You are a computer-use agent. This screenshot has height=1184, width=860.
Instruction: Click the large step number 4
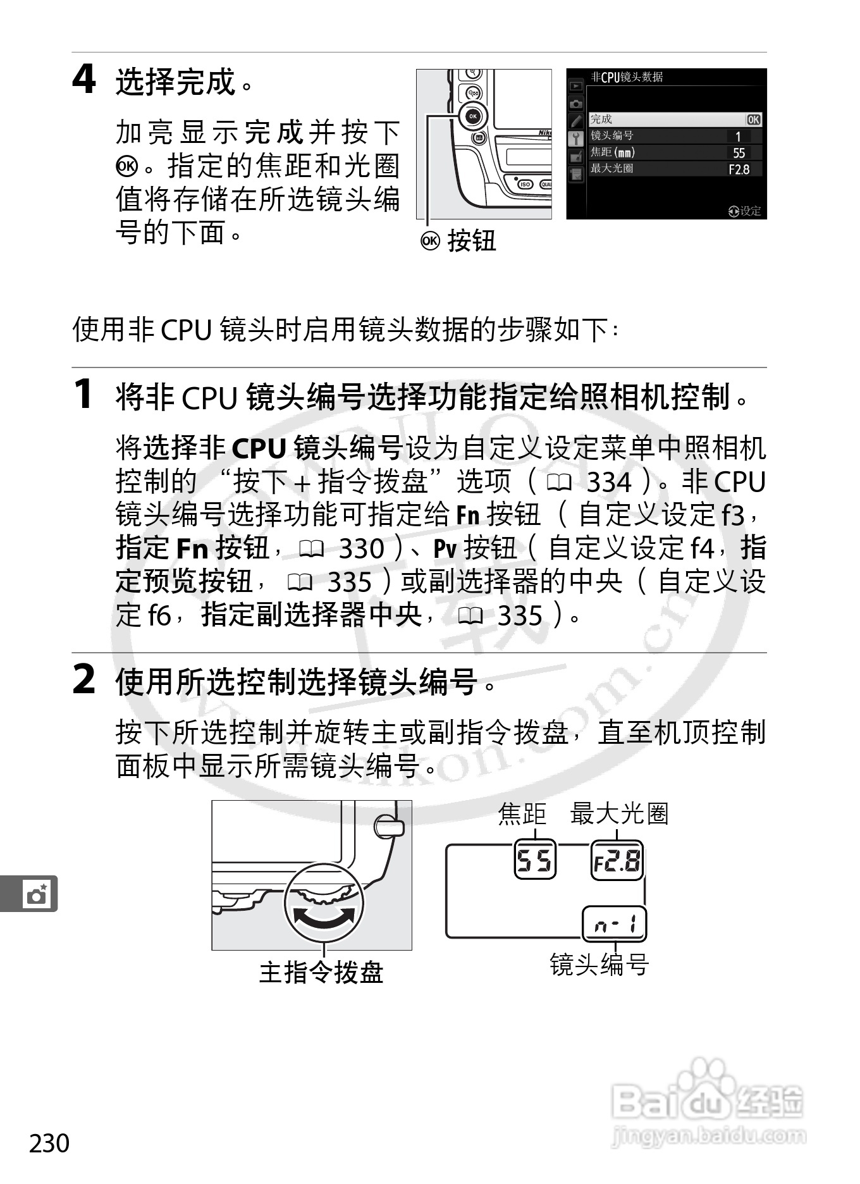tap(84, 80)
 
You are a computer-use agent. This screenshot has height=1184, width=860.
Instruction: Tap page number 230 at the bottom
tap(49, 1144)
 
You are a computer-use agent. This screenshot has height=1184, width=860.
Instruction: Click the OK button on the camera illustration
tap(472, 116)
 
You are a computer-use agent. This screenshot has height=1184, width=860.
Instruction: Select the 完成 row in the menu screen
tap(675, 120)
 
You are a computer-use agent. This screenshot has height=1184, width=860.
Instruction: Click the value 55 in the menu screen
tap(739, 153)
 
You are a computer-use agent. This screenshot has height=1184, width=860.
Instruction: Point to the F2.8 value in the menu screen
tap(739, 170)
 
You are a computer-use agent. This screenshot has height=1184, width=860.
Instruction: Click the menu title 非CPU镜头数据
tap(627, 77)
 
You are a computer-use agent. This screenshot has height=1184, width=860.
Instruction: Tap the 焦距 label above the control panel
tap(522, 814)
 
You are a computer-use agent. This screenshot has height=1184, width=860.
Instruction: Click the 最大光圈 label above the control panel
tap(619, 814)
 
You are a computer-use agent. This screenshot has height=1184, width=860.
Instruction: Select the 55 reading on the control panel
tap(535, 861)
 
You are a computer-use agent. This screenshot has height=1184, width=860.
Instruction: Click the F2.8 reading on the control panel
tap(617, 861)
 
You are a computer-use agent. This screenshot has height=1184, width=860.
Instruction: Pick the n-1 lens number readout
tap(614, 925)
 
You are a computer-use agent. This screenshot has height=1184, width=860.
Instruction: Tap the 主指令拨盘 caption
tap(321, 972)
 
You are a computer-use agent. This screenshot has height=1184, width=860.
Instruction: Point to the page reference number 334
tap(609, 483)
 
